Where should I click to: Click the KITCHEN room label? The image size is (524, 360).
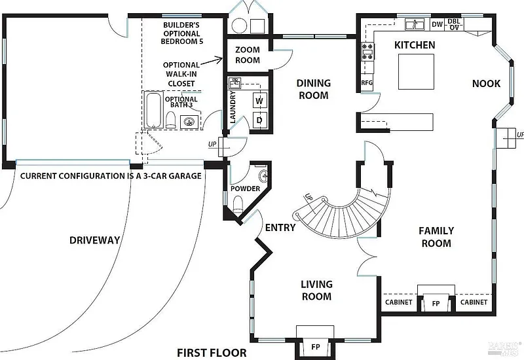tap(415, 45)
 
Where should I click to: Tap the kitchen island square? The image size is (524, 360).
tap(416, 71)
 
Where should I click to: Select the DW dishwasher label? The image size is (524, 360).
tap(437, 24)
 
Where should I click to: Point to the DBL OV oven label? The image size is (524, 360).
tap(454, 24)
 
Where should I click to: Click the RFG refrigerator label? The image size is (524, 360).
tap(367, 82)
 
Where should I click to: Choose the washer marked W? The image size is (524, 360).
tap(259, 101)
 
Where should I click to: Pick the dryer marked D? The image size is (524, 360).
tap(259, 120)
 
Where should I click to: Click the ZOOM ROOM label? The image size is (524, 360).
tap(248, 55)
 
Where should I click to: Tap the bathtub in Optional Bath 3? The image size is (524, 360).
tap(153, 110)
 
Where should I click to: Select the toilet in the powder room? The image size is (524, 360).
tap(238, 204)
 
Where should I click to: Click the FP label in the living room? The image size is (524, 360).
tap(316, 347)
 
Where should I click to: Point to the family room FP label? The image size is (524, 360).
tap(436, 304)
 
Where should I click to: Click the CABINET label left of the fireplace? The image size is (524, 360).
tap(399, 302)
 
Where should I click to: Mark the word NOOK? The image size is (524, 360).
tap(486, 84)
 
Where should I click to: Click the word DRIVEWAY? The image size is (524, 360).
tap(94, 240)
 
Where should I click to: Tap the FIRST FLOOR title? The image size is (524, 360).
tap(212, 353)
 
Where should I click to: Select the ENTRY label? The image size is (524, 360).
tap(280, 228)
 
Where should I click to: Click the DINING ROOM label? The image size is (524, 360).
tap(314, 89)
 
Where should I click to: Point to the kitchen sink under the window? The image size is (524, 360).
tap(415, 24)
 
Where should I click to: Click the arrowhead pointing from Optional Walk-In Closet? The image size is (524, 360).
tap(221, 60)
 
